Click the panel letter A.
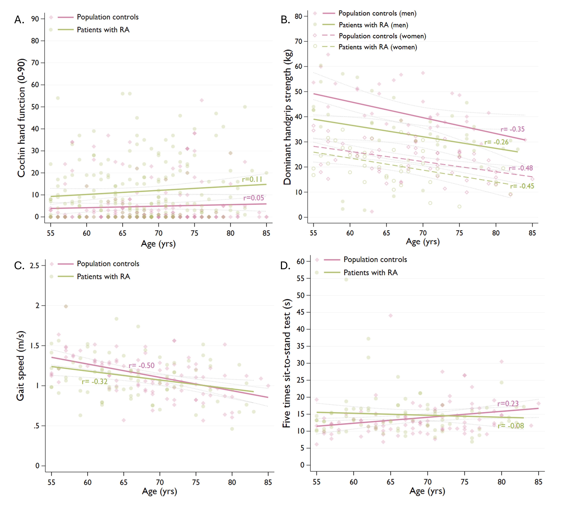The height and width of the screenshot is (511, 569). point(19,20)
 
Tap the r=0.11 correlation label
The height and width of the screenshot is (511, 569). point(252,179)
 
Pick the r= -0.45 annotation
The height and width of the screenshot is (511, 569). point(522,186)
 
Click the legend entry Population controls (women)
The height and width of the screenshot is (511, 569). point(382,36)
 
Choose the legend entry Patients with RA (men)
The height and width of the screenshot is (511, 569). point(373,25)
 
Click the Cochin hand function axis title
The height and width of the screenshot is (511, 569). point(21,118)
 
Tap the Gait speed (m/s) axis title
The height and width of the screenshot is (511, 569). point(20,366)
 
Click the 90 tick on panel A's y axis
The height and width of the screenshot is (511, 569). point(35,19)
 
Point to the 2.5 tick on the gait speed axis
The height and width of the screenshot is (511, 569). point(35,266)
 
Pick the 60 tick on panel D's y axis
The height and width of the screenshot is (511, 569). point(301,261)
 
